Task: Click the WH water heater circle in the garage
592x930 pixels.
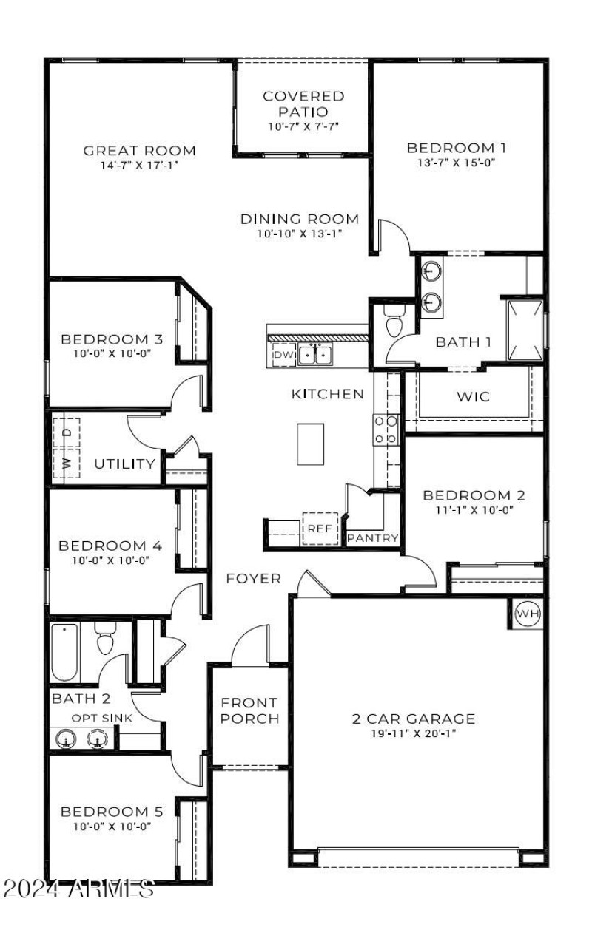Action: [528, 613]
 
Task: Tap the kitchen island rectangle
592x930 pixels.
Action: [311, 444]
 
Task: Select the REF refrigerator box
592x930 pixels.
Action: [320, 529]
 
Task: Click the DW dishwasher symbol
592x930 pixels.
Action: [283, 356]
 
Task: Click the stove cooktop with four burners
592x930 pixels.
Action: [385, 430]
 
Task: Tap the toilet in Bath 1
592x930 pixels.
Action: [393, 322]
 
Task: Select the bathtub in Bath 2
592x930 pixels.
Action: [64, 652]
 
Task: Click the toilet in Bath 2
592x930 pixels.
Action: [106, 637]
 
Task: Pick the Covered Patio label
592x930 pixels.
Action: [303, 103]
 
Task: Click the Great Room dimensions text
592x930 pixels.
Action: [139, 165]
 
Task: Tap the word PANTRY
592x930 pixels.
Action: [373, 538]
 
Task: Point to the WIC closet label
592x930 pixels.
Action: [473, 397]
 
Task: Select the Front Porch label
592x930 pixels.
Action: [249, 710]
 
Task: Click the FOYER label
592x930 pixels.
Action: [253, 578]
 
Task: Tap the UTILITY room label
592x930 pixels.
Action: [125, 464]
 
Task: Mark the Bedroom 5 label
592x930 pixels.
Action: [111, 811]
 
